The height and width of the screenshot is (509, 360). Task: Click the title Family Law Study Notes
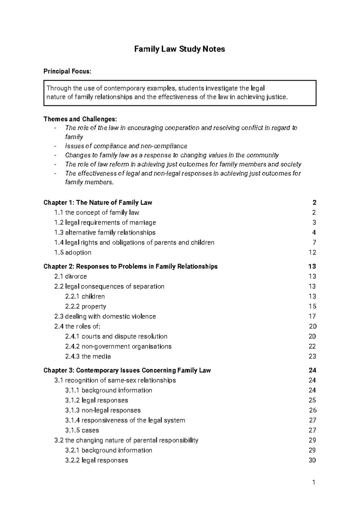pyautogui.click(x=179, y=49)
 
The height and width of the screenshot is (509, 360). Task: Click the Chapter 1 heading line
pyautogui.click(x=98, y=203)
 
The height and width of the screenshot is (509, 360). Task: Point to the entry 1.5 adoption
pyautogui.click(x=73, y=253)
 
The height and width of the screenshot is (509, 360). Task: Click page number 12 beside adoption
pyautogui.click(x=312, y=253)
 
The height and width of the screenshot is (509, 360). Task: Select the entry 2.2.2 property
pyautogui.click(x=85, y=307)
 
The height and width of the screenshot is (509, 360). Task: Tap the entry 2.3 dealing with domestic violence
pyautogui.click(x=105, y=316)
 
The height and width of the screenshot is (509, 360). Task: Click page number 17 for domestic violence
pyautogui.click(x=312, y=316)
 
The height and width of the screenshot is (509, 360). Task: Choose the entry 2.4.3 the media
pyautogui.click(x=88, y=357)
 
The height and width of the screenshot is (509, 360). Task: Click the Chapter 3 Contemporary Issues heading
pyautogui.click(x=127, y=370)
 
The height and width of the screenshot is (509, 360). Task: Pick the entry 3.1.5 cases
pyautogui.click(x=82, y=430)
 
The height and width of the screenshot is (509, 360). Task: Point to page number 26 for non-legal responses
pyautogui.click(x=313, y=410)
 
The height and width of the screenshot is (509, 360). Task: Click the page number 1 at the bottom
pyautogui.click(x=314, y=483)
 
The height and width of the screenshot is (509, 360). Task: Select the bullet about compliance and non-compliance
pyautogui.click(x=126, y=146)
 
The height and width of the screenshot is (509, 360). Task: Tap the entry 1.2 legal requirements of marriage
pyautogui.click(x=105, y=223)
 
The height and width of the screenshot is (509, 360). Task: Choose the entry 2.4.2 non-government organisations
pyautogui.click(x=118, y=346)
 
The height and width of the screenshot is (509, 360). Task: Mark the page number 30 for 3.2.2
pyautogui.click(x=312, y=460)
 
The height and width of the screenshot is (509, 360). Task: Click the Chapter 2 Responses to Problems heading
pyautogui.click(x=130, y=267)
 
